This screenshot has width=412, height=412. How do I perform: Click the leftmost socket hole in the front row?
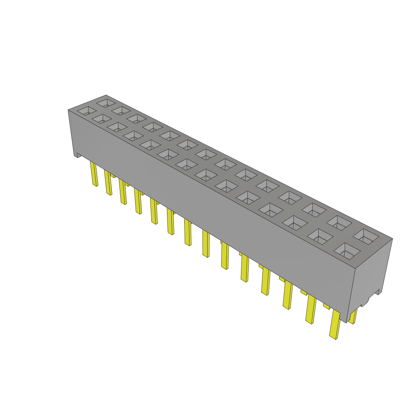point(87,110)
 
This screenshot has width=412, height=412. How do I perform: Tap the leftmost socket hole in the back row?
point(106,102)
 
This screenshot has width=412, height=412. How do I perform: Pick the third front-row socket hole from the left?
point(117,127)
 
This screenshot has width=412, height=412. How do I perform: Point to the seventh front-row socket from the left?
point(186,164)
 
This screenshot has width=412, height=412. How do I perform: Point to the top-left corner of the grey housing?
point(68,110)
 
